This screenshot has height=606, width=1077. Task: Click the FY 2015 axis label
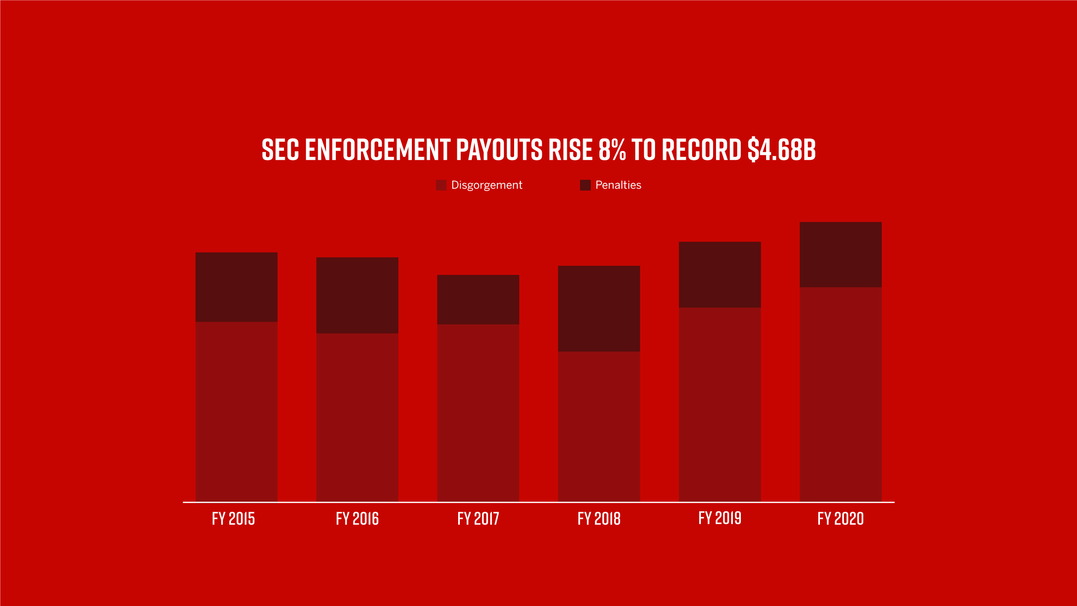pos(233,518)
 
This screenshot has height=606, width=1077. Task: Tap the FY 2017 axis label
pos(478,518)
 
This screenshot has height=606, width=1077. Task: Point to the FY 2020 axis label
pos(841,518)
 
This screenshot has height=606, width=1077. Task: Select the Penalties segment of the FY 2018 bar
pos(599,308)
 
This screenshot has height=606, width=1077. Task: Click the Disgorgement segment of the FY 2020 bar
pos(841,394)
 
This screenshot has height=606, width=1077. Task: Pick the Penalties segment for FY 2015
pos(236,287)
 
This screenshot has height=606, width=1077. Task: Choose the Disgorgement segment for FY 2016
pos(357,417)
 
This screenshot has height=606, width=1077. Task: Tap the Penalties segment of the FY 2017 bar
pos(478,299)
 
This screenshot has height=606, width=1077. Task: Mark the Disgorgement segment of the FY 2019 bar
pos(719,404)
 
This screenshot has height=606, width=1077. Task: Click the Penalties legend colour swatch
pos(585,185)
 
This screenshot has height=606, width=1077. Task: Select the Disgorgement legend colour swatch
pos(441,185)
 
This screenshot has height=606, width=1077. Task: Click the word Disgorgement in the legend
pos(487,185)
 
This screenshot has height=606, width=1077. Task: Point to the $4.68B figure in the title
pos(782,150)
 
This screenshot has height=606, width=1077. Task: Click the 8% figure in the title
pos(612,150)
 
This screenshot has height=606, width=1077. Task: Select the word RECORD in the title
pos(701,150)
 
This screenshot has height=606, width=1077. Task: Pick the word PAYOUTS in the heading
pos(499,150)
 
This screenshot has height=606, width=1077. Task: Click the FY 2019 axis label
pos(720,518)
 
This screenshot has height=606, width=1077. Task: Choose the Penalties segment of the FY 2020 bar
pos(841,255)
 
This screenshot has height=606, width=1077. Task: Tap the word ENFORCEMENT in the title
pos(377,150)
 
